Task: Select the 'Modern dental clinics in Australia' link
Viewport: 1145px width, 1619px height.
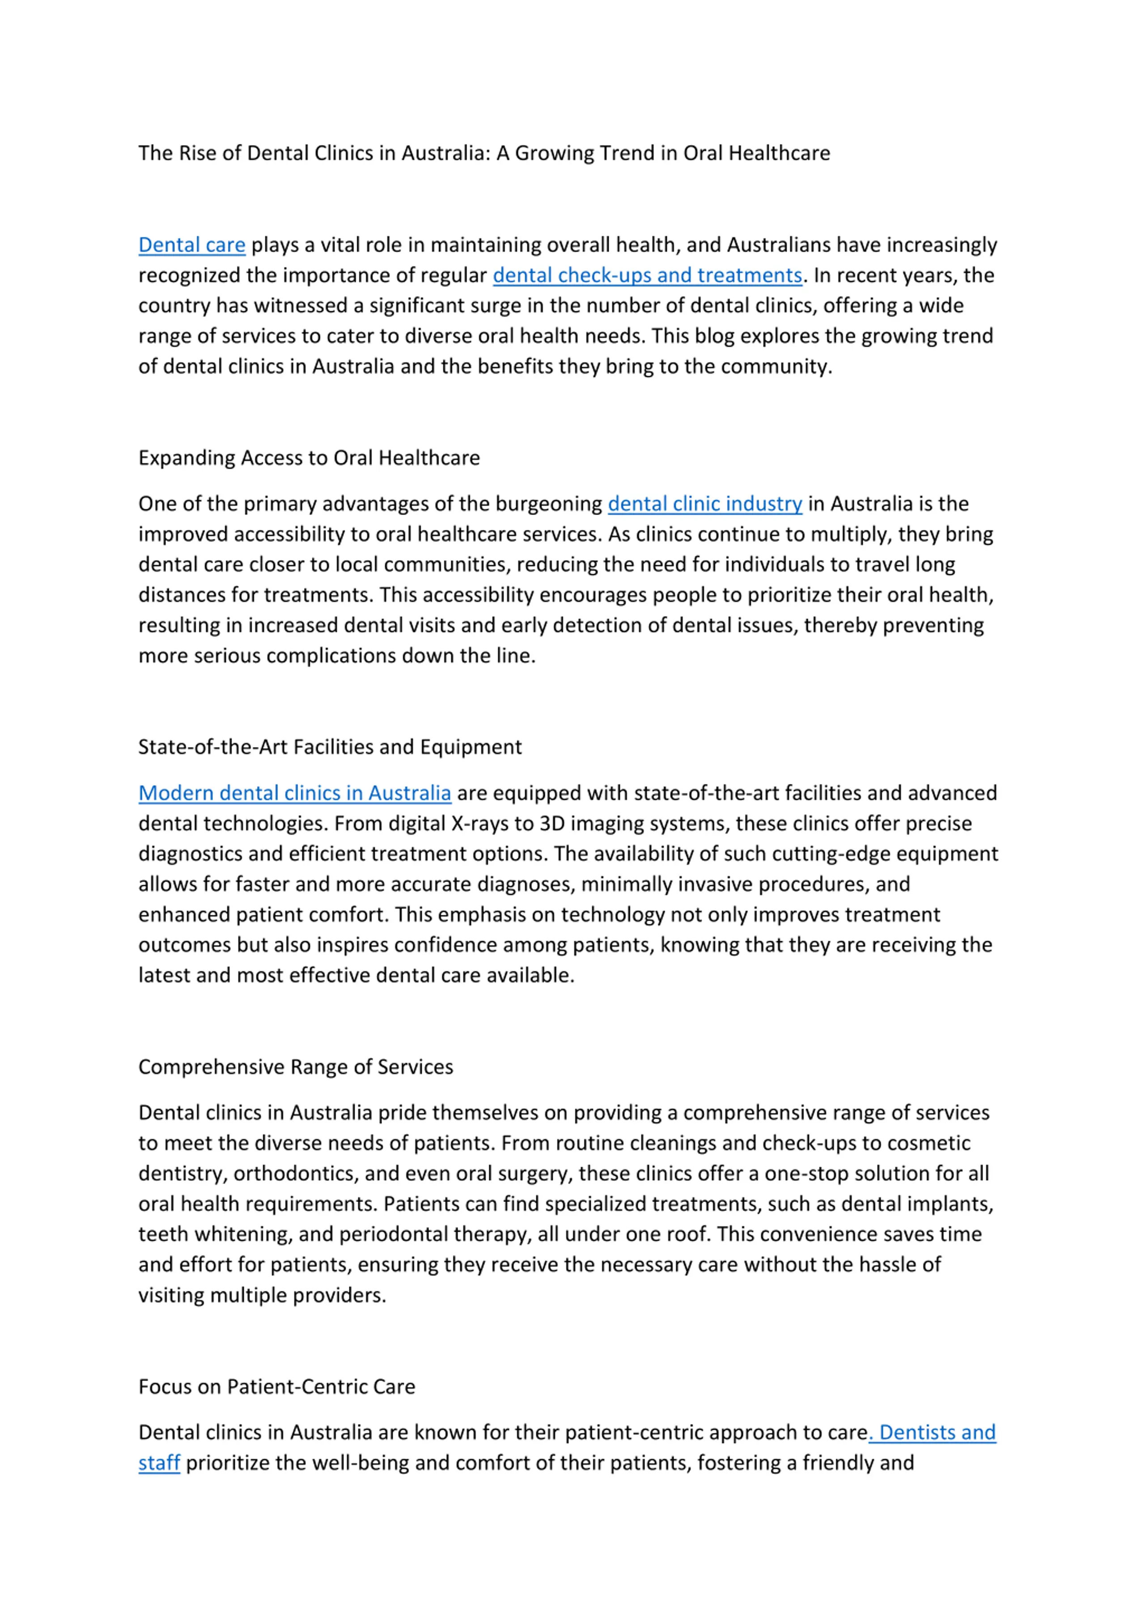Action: [x=294, y=793]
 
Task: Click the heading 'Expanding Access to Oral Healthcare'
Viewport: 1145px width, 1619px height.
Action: [x=309, y=458]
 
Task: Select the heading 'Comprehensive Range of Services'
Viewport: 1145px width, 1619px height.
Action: [x=296, y=1067]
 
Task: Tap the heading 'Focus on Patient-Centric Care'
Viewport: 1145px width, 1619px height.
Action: [x=276, y=1387]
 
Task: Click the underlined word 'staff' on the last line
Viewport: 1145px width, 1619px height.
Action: [x=159, y=1463]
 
